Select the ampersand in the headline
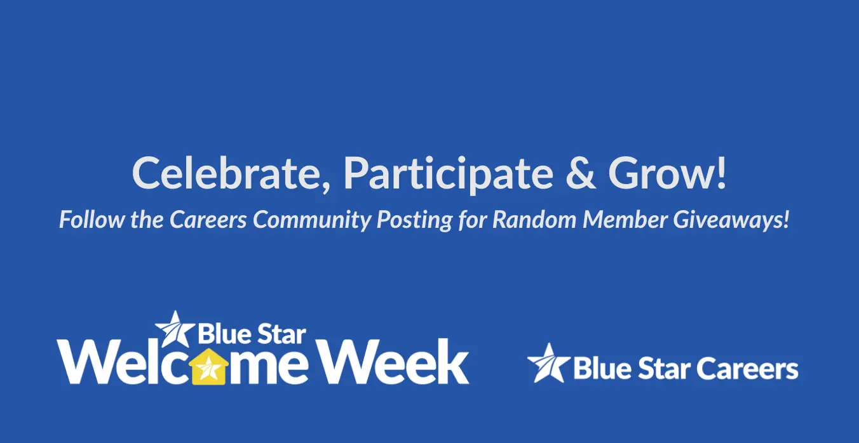[581, 173]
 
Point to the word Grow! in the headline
[667, 173]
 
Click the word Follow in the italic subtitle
[92, 219]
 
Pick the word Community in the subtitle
[312, 220]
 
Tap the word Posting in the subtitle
[414, 220]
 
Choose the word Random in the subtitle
[534, 219]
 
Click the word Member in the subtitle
[625, 219]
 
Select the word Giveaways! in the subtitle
[731, 220]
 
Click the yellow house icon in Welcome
[208, 366]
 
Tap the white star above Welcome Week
[175, 329]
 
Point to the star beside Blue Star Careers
[548, 362]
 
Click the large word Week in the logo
[394, 361]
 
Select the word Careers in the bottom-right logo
[747, 368]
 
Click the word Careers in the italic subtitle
[208, 220]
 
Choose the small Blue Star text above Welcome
[252, 334]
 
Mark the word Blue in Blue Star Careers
[602, 368]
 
